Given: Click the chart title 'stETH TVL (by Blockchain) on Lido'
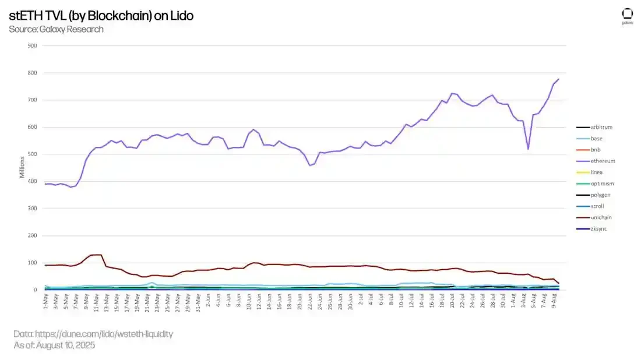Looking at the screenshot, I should click(x=101, y=16).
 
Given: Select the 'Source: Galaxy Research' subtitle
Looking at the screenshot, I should click(x=56, y=29).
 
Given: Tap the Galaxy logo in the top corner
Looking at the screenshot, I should click(x=627, y=16).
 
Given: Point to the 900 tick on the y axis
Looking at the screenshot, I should click(x=33, y=46).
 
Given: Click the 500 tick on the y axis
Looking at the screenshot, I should click(x=33, y=154).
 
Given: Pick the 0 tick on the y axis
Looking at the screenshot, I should click(x=36, y=290).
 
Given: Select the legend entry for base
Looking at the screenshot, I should click(x=597, y=139).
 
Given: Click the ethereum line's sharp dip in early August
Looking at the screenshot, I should click(x=528, y=149).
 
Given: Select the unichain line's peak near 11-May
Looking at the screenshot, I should click(x=97, y=255).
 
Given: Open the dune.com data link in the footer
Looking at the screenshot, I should click(x=93, y=334).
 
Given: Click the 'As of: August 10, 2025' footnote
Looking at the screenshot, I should click(x=54, y=345).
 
